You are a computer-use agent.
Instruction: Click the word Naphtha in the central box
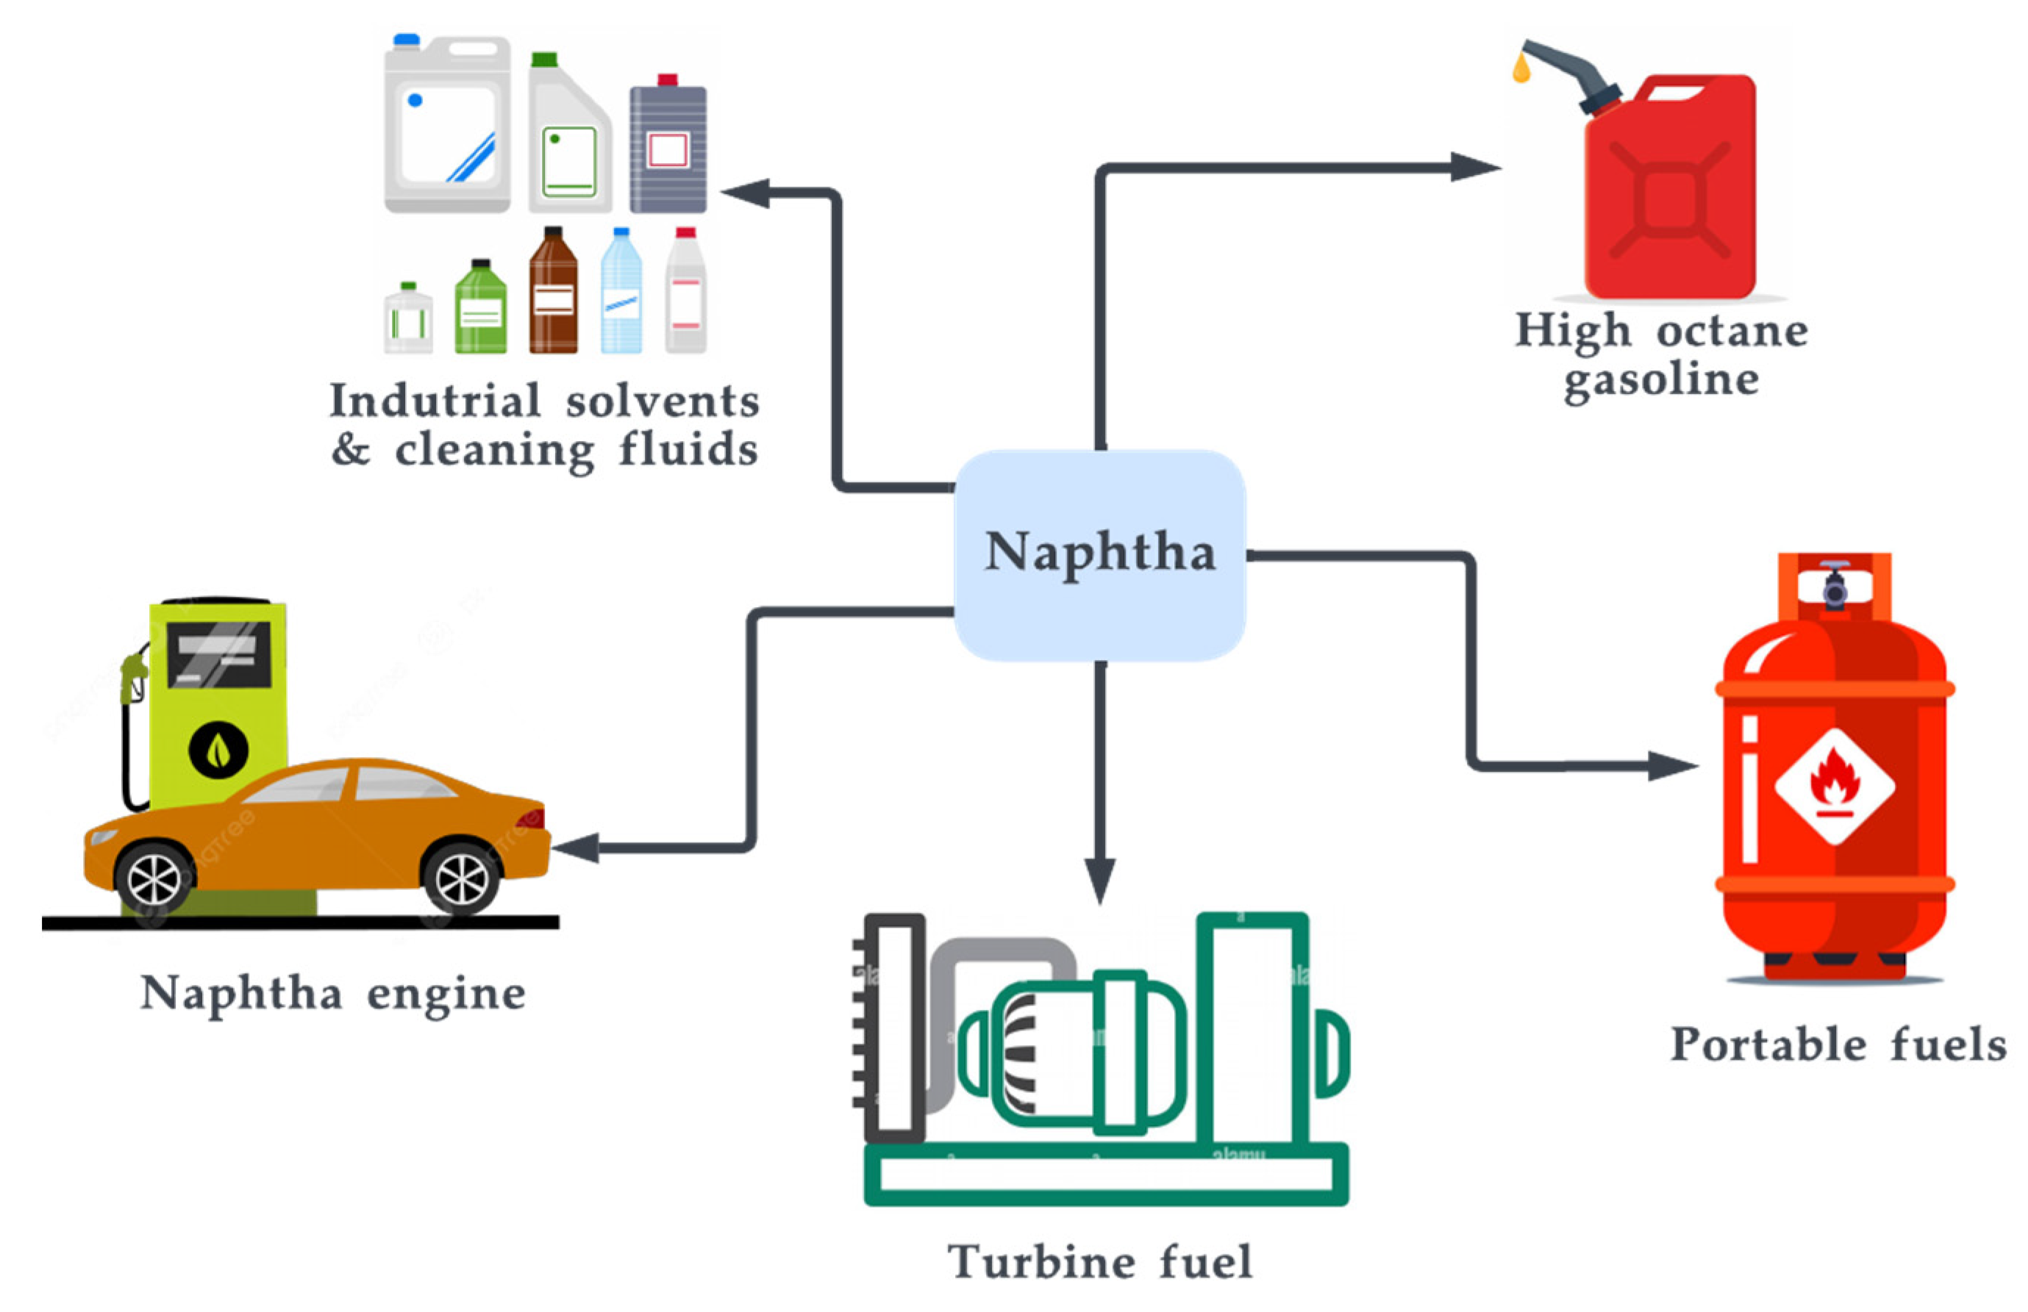click(x=1099, y=552)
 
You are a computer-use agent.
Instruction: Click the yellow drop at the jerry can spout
click(x=1521, y=68)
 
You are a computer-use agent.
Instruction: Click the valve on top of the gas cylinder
click(x=1835, y=584)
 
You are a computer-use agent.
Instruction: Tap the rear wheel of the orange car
click(x=461, y=878)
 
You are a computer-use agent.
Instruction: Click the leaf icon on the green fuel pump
click(x=218, y=750)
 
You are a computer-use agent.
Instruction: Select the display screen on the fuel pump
click(x=219, y=654)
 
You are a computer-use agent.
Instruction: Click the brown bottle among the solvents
click(x=553, y=294)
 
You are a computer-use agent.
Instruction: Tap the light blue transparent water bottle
click(x=621, y=294)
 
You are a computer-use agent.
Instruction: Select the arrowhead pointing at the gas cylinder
click(x=1670, y=766)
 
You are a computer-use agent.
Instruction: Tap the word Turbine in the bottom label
click(x=1040, y=1263)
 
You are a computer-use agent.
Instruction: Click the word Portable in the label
click(x=1768, y=1045)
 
